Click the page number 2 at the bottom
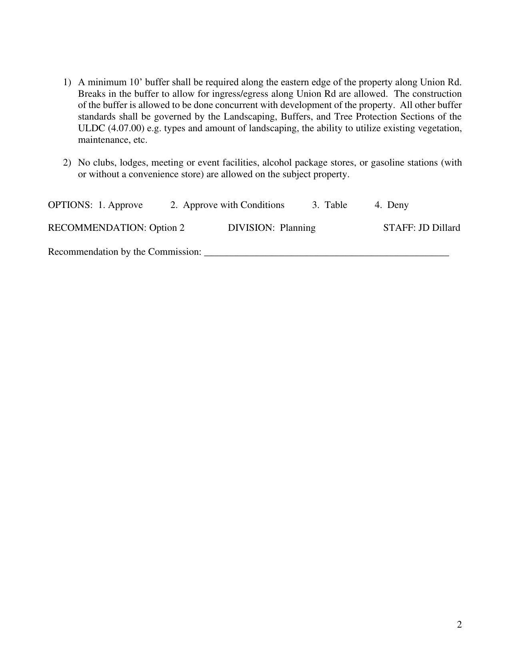tap(459, 624)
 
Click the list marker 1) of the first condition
tap(67, 82)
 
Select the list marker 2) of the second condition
tap(67, 163)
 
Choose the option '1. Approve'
tap(120, 205)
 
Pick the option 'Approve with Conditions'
tap(234, 205)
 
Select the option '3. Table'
tap(330, 205)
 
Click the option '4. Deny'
tap(392, 205)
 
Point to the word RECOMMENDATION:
tap(97, 228)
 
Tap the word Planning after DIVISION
tap(298, 228)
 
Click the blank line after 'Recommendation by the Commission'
tap(326, 253)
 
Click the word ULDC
tap(91, 129)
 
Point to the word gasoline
tap(389, 163)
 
